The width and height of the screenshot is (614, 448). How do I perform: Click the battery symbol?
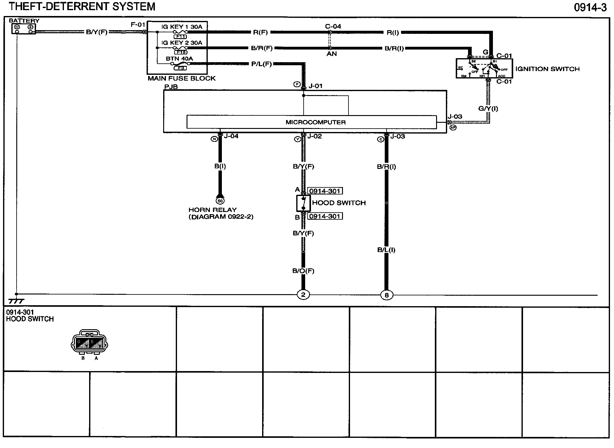(24, 29)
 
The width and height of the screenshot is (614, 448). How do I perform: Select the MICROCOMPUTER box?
(311, 122)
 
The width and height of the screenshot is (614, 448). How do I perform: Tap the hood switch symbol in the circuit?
(303, 203)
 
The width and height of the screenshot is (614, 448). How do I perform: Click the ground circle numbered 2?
(303, 295)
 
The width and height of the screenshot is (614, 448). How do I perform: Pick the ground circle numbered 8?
(387, 295)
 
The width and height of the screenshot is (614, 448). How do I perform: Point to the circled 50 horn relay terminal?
(220, 201)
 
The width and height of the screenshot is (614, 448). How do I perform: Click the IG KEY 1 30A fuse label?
(182, 27)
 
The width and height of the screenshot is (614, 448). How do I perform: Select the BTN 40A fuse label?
(179, 58)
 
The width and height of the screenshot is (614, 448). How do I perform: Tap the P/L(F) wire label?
(262, 64)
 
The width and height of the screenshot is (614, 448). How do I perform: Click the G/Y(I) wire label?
(488, 108)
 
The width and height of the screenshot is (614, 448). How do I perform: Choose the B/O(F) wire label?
(303, 271)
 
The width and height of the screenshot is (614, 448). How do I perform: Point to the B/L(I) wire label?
(386, 250)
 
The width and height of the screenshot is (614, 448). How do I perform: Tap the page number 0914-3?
(590, 7)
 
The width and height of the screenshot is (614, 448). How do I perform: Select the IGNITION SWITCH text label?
(547, 69)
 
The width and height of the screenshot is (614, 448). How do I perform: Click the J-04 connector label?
(231, 136)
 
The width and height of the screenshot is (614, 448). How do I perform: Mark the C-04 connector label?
(333, 26)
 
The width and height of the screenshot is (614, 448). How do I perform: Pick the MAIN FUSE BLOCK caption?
(182, 78)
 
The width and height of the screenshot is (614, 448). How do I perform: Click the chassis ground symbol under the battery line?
(16, 301)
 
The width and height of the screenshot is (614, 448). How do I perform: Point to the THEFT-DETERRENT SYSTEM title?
(82, 7)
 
